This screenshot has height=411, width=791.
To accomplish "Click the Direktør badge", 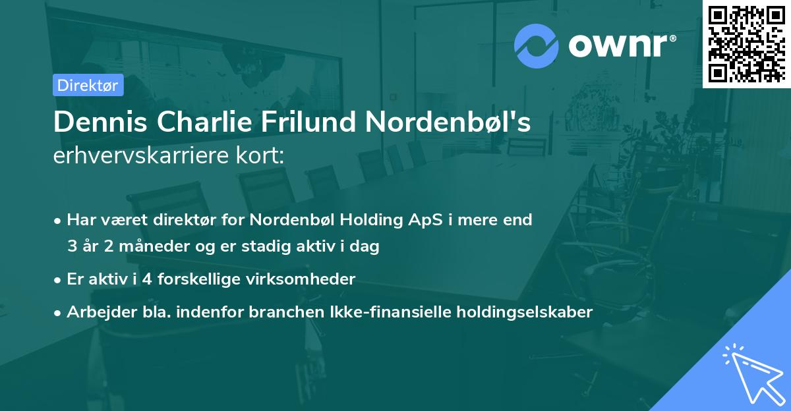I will [88, 85].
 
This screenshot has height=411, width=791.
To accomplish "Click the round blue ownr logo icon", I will [536, 45].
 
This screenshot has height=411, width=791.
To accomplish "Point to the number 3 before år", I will [72, 246].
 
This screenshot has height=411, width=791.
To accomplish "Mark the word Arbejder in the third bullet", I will [95, 312].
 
